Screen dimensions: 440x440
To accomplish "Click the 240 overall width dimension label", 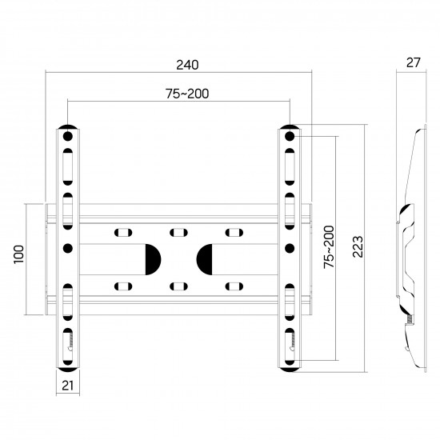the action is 187,65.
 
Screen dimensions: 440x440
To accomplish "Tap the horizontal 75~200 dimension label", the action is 187,94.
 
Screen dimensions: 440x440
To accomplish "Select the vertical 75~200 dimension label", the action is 329,247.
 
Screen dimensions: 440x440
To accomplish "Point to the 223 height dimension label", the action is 358,246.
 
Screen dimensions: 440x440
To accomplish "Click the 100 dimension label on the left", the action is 19,254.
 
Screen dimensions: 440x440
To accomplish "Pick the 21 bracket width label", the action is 67,386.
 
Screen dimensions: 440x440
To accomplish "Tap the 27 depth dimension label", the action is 414,62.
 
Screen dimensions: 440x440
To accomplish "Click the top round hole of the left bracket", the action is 68,136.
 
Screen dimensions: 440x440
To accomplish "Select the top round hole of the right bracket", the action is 290,136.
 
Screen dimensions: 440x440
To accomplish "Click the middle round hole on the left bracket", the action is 68,248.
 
